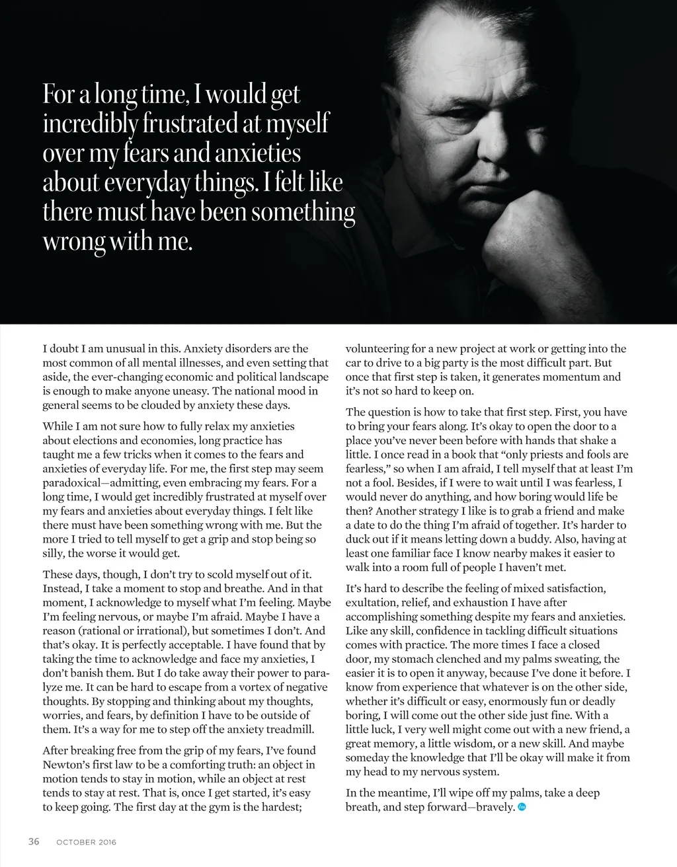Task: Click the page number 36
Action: click(x=34, y=842)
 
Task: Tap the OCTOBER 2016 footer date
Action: click(x=87, y=843)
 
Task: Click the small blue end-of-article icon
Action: click(x=522, y=807)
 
